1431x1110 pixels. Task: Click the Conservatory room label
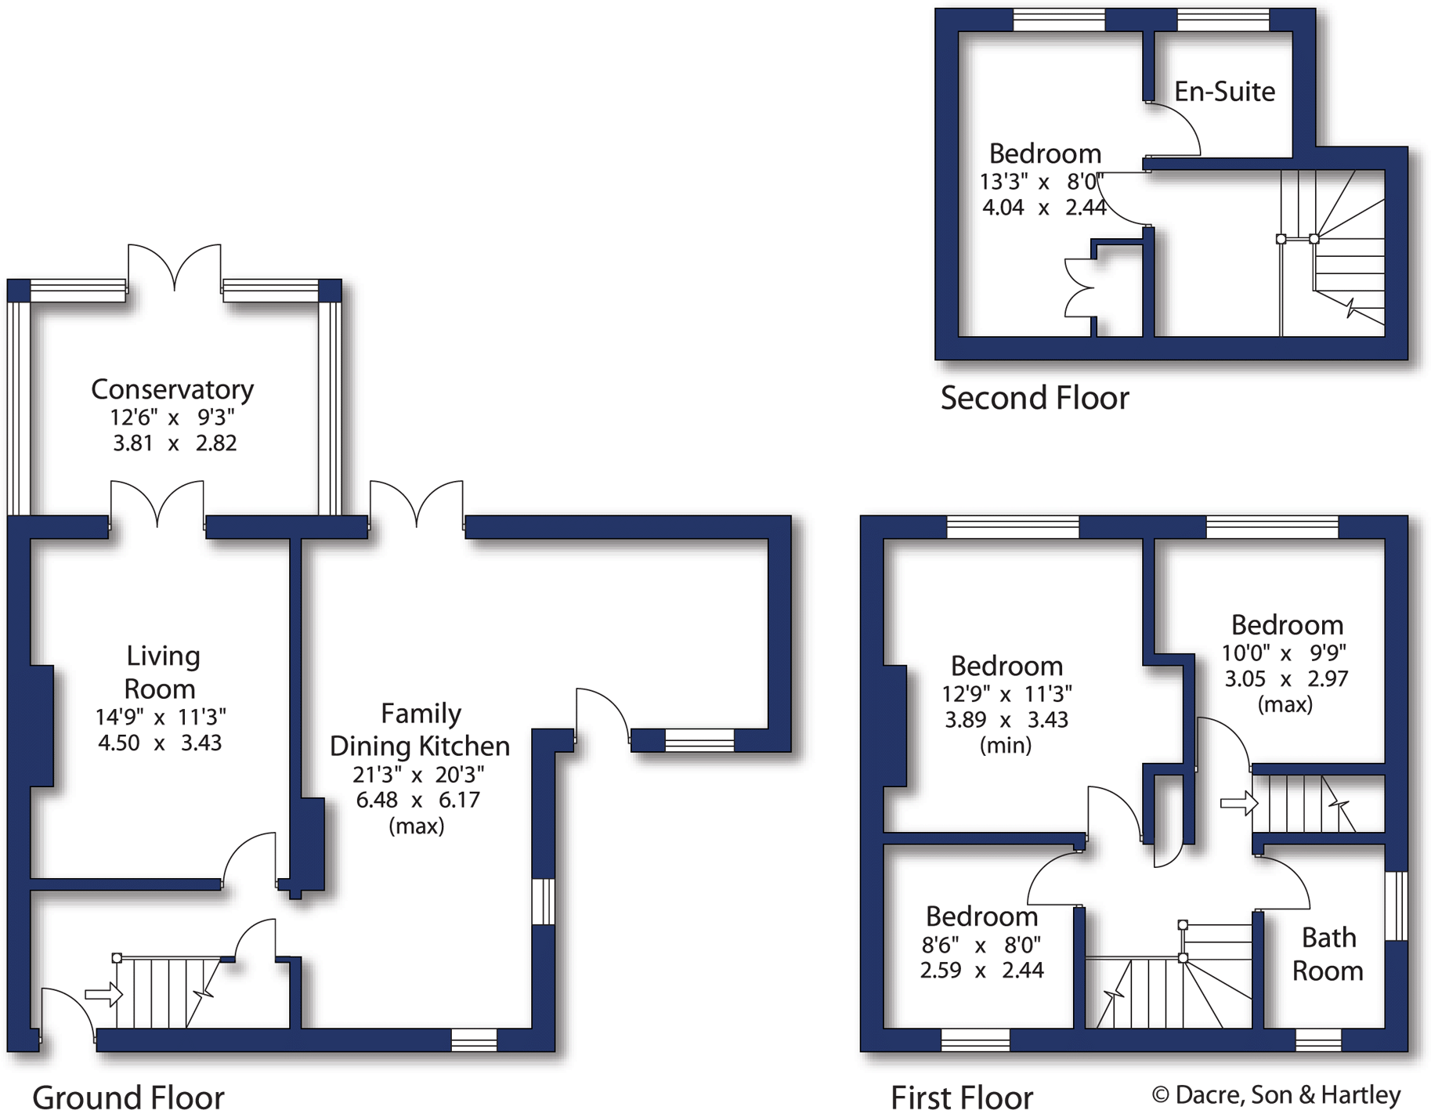pyautogui.click(x=172, y=389)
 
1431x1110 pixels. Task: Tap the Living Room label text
pyautogui.click(x=161, y=672)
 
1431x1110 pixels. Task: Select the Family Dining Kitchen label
pyautogui.click(x=420, y=729)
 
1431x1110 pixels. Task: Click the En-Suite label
pyautogui.click(x=1224, y=92)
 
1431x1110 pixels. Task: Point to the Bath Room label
pyautogui.click(x=1328, y=954)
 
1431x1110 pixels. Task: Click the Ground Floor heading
pyautogui.click(x=128, y=1097)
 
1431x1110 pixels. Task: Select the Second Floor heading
pyautogui.click(x=1034, y=398)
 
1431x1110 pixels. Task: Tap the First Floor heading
pyautogui.click(x=962, y=1097)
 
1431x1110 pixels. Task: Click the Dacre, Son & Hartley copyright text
pyautogui.click(x=1276, y=1094)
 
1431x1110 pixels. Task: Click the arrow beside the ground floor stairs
pyautogui.click(x=103, y=995)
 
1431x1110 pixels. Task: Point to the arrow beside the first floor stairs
pyautogui.click(x=1238, y=803)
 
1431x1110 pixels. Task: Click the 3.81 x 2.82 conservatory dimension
pyautogui.click(x=174, y=443)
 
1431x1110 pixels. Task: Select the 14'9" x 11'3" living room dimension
pyautogui.click(x=161, y=717)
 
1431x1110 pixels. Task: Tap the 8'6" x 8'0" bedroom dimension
pyautogui.click(x=981, y=945)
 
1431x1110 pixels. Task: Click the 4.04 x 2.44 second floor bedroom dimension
pyautogui.click(x=1043, y=208)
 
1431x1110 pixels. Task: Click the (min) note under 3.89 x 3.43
pyautogui.click(x=1006, y=745)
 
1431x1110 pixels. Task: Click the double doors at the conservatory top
pyautogui.click(x=174, y=266)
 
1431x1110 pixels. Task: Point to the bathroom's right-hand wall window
pyautogui.click(x=1396, y=905)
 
